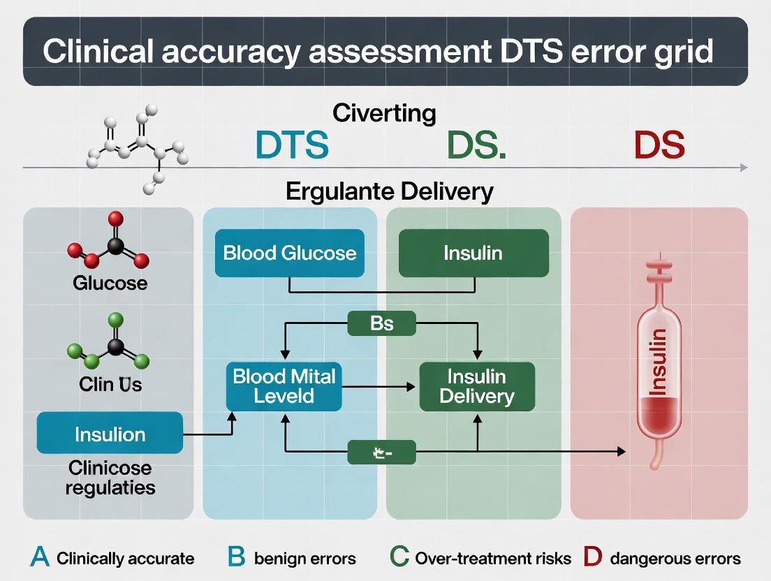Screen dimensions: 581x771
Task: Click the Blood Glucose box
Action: point(290,253)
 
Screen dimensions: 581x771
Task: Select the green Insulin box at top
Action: point(473,253)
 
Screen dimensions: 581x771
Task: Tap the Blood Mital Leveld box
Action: point(284,386)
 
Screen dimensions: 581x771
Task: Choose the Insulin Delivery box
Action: point(476,386)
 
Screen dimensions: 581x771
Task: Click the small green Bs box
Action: point(381,323)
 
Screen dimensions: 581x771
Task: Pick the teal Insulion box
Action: point(110,434)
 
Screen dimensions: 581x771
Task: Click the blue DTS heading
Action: point(291,145)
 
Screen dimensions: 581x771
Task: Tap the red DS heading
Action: point(659,145)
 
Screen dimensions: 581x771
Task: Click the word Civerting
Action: point(384,112)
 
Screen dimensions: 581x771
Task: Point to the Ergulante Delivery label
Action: point(390,191)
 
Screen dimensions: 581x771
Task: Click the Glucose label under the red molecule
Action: point(110,283)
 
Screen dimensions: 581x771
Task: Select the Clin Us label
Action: point(110,383)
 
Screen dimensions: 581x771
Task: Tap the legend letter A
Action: point(41,558)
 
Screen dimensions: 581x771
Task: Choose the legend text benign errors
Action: point(305,559)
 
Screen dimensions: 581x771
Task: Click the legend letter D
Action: point(592,558)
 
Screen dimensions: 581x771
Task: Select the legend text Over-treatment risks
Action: point(493,559)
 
